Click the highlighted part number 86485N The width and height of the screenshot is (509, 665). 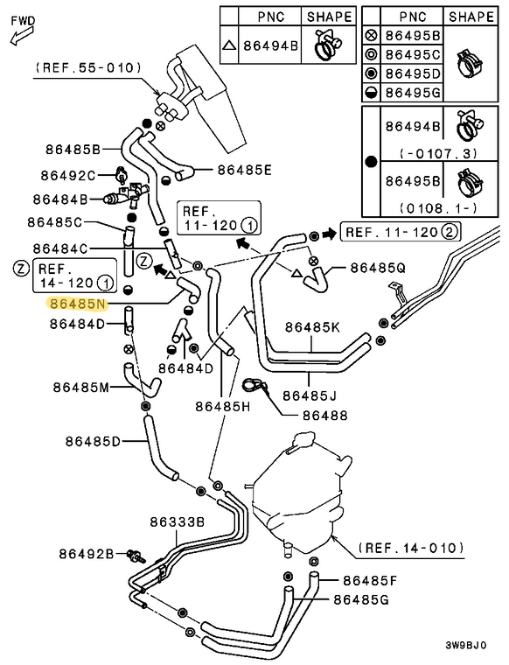click(x=79, y=304)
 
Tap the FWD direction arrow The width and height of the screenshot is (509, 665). click(x=21, y=37)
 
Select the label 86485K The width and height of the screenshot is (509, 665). click(x=312, y=327)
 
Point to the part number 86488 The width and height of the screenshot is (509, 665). click(x=325, y=416)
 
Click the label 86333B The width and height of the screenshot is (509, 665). click(x=178, y=521)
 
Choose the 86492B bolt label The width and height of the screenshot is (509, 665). click(x=87, y=554)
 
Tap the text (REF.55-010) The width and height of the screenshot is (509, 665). click(x=88, y=67)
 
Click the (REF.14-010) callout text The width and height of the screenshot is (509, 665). click(x=411, y=548)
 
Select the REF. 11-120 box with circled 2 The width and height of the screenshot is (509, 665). click(x=400, y=232)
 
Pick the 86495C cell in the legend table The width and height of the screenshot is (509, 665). click(x=413, y=55)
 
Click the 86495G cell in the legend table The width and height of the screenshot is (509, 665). click(x=413, y=92)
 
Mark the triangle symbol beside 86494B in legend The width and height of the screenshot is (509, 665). click(x=229, y=45)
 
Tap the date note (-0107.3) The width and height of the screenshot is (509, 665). click(x=438, y=153)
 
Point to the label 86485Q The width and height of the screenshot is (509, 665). click(x=378, y=268)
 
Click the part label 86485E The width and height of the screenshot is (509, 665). click(x=245, y=170)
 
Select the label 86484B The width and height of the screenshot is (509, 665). click(x=60, y=199)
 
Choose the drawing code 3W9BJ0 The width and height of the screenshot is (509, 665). click(x=465, y=646)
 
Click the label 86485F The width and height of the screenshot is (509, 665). click(x=370, y=580)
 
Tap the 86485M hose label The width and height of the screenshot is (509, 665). click(x=81, y=387)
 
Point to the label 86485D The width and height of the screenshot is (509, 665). click(x=93, y=442)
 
